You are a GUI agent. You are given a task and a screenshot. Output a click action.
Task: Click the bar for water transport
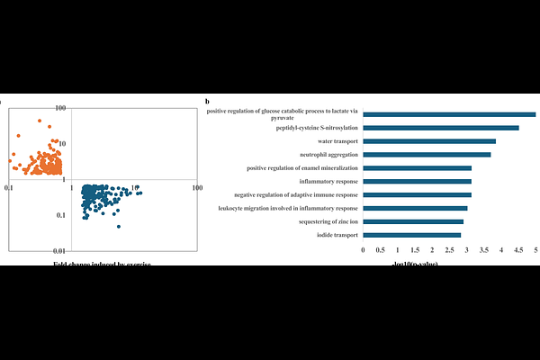(429, 141)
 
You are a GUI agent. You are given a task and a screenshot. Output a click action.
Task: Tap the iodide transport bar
(412, 235)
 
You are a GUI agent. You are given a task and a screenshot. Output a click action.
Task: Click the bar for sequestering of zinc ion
(413, 221)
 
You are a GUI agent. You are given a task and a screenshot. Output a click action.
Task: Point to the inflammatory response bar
(417, 181)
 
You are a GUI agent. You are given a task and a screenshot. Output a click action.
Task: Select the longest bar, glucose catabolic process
(449, 114)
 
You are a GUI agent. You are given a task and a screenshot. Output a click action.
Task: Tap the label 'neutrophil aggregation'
(329, 155)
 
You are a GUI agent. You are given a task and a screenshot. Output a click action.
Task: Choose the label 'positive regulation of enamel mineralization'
(301, 168)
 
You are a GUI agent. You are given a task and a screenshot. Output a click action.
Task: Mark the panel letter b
(207, 103)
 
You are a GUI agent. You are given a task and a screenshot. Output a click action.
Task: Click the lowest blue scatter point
(118, 226)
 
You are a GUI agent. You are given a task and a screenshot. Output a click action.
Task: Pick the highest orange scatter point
(39, 121)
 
